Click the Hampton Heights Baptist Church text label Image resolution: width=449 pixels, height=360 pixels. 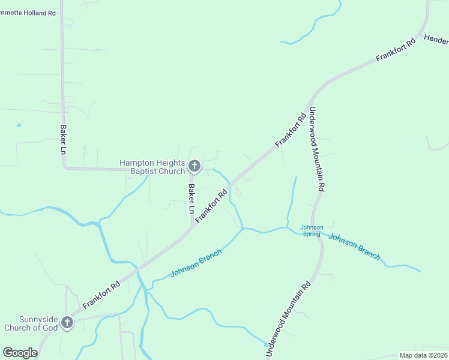tap(152, 167)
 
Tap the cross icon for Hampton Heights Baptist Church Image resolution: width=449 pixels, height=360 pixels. tap(194, 166)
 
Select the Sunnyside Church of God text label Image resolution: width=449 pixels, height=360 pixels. tap(30, 323)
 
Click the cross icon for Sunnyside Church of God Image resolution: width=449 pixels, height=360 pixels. tap(67, 323)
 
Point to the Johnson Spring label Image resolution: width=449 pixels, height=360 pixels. tap(312, 230)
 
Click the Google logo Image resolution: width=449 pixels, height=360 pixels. tap(20, 353)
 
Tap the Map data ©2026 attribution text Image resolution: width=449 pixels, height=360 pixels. tap(423, 355)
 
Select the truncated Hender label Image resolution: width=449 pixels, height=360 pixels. tap(436, 40)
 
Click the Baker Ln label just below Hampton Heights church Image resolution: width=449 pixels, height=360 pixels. tap(191, 199)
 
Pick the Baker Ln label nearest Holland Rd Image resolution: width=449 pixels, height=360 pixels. tap(62, 139)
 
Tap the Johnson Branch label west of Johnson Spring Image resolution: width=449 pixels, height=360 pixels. tap(196, 263)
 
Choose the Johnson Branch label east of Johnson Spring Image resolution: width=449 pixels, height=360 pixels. tap(354, 246)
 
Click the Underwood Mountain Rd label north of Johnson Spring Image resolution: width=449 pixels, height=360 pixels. tap(316, 149)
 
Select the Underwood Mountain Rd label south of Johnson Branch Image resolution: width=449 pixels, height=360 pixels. tap(289, 318)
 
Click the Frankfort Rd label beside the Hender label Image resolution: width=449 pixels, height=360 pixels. tap(396, 50)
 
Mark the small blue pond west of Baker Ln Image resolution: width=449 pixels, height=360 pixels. tap(19, 125)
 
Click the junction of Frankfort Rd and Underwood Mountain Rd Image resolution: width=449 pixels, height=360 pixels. tap(312, 96)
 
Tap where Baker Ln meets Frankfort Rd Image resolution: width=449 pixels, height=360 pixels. tap(192, 227)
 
